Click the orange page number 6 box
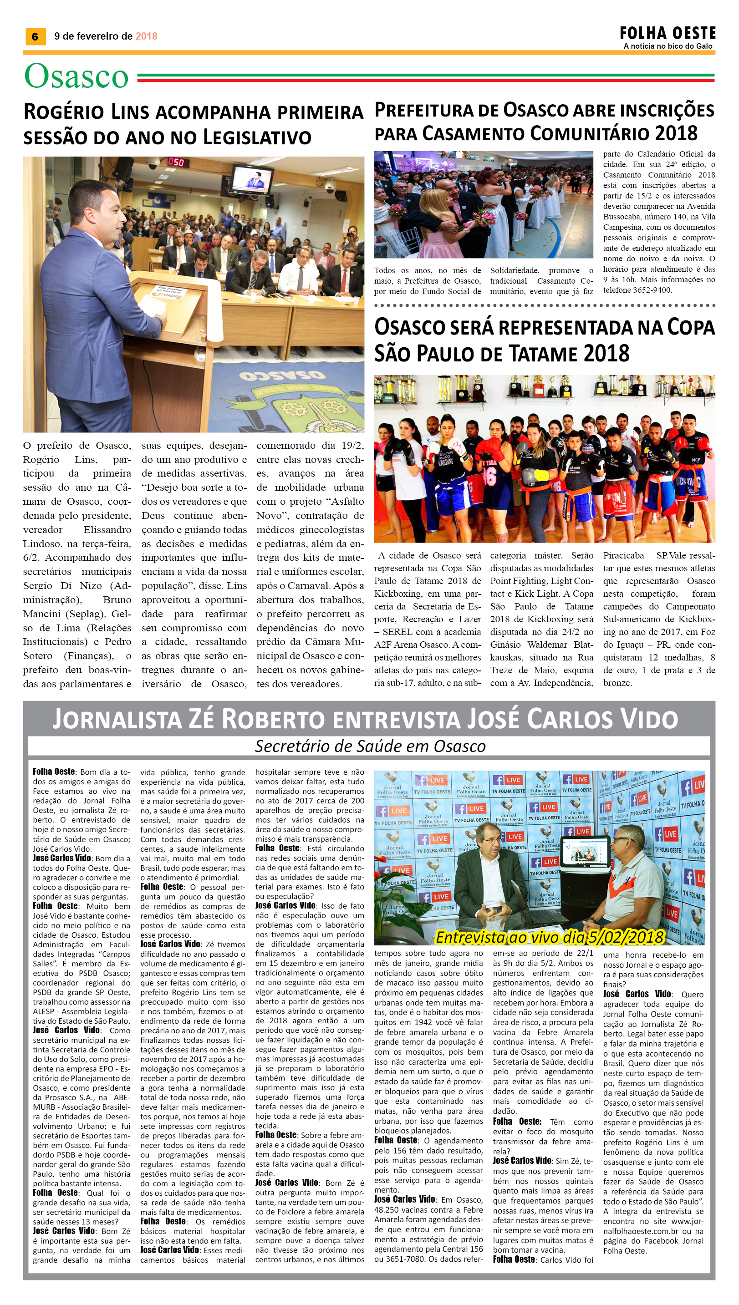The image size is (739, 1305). click(x=35, y=36)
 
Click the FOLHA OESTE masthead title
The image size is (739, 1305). click(x=667, y=34)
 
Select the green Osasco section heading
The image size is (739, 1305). click(x=76, y=76)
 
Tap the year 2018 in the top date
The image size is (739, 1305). click(x=146, y=36)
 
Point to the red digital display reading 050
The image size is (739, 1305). click(x=176, y=162)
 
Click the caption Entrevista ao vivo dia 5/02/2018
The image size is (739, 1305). click(x=550, y=937)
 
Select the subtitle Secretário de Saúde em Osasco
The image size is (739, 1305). click(x=370, y=746)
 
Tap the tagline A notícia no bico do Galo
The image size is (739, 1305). click(x=668, y=46)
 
